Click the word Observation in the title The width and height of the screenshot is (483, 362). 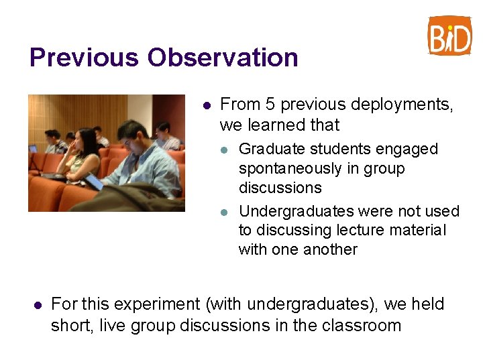pyautogui.click(x=223, y=58)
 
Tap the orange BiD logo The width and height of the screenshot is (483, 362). pyautogui.click(x=449, y=36)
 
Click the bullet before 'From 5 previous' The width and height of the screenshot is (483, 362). pyautogui.click(x=207, y=105)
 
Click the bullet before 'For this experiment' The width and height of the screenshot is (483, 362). pyautogui.click(x=38, y=305)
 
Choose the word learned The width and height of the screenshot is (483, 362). pyautogui.click(x=276, y=125)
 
